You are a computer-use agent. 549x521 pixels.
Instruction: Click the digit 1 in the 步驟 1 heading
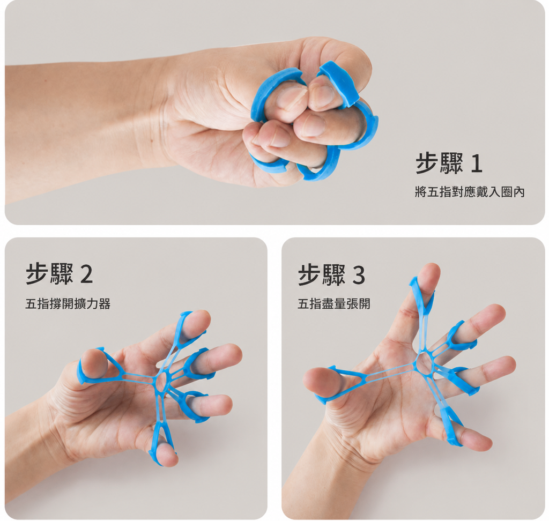[477, 163]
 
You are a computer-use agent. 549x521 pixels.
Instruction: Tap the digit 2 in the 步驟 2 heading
[86, 274]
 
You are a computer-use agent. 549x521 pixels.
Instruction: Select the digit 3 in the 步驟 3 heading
[358, 275]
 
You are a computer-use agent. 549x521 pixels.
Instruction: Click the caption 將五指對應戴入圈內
[470, 192]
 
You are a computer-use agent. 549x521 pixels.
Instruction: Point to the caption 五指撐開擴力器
[68, 303]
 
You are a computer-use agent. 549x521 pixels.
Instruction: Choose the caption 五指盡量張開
[333, 303]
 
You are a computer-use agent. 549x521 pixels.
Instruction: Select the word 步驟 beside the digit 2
[49, 274]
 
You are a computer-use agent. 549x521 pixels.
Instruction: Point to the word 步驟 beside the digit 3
[322, 275]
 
